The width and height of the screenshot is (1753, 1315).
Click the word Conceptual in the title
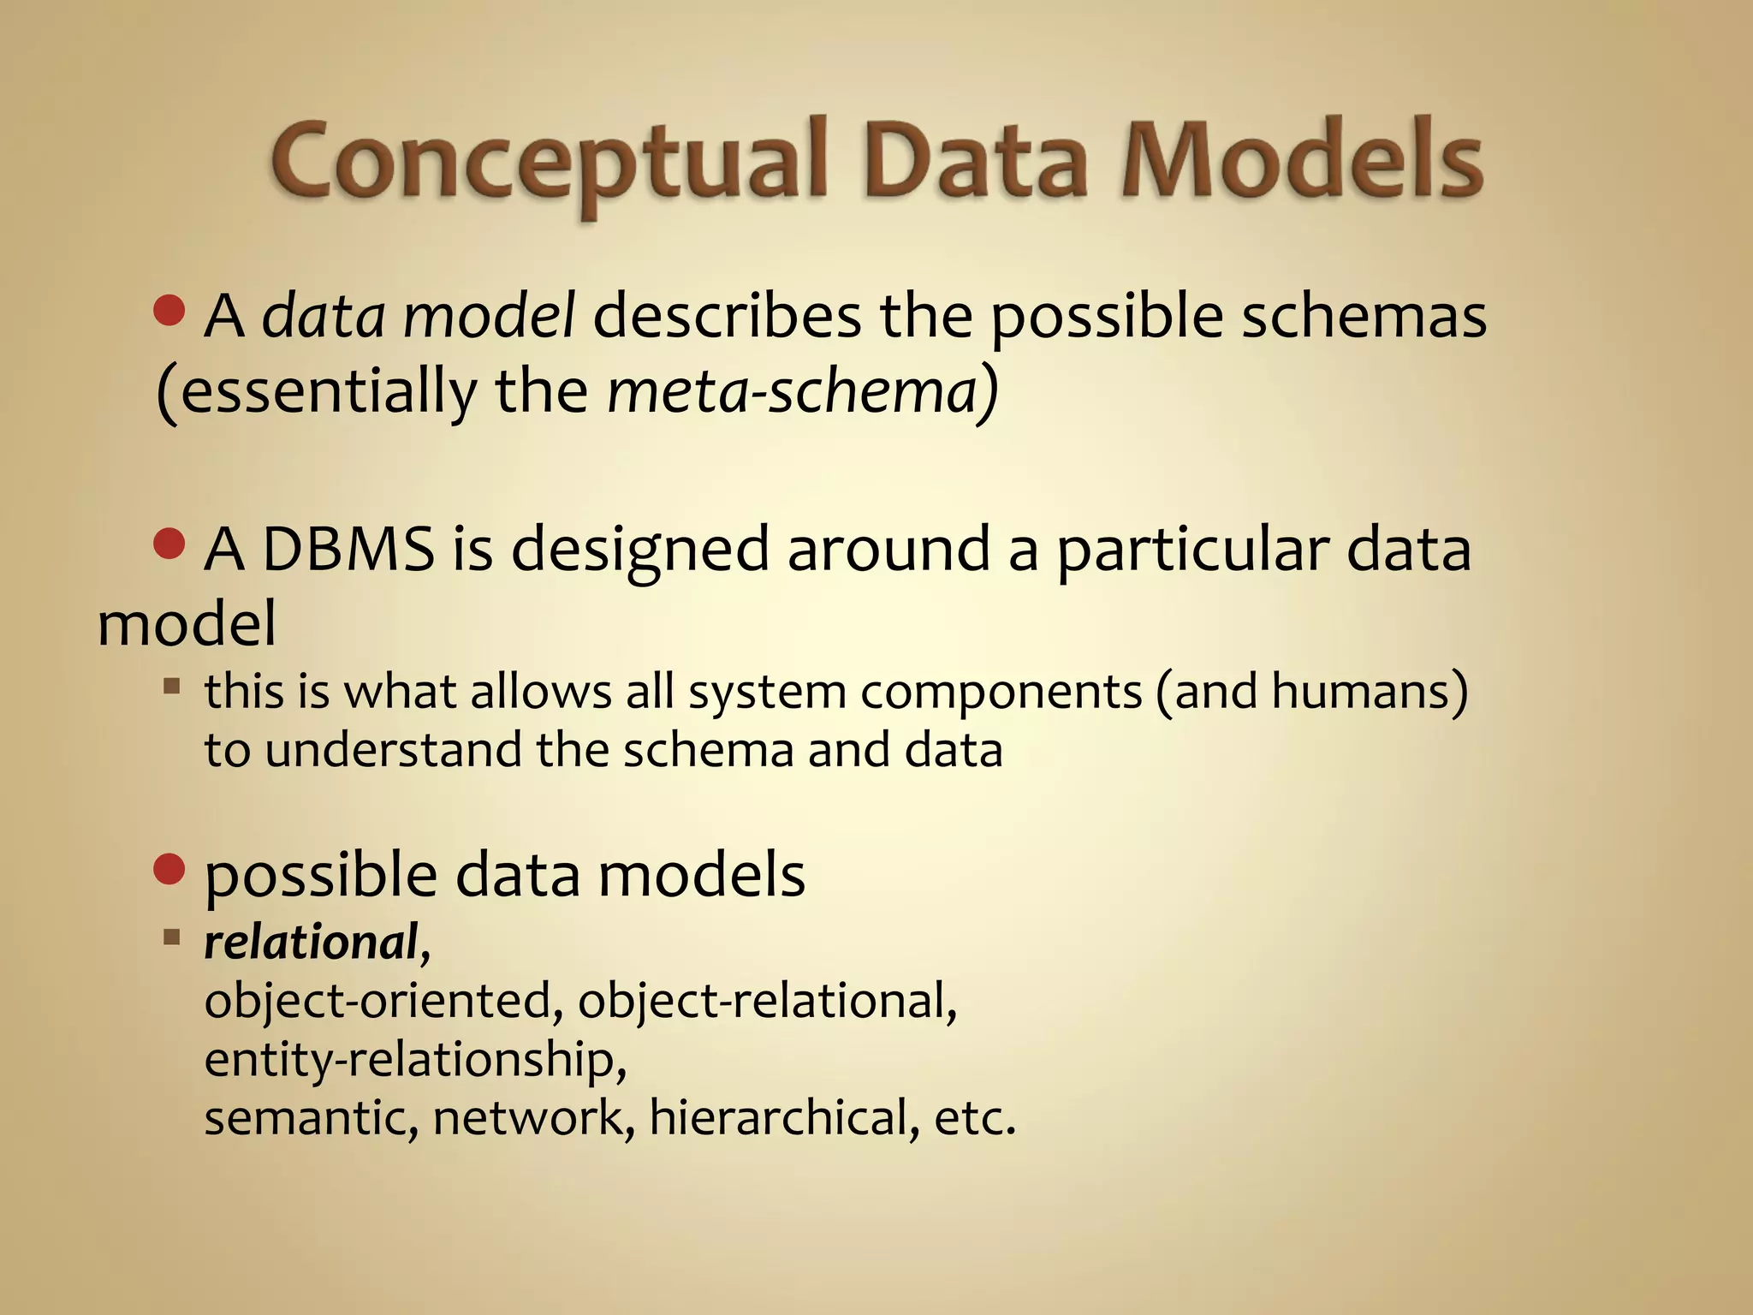[548, 163]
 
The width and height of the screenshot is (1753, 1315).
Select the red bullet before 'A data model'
[169, 311]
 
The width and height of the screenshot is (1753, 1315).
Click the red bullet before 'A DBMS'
[169, 544]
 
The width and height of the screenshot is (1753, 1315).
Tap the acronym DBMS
[348, 549]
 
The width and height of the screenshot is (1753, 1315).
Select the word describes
[727, 317]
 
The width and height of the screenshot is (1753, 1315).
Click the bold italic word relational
[311, 943]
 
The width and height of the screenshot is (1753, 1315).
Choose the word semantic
[311, 1118]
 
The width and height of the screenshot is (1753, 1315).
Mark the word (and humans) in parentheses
[1310, 691]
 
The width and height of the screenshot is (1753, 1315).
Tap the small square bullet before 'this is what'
[172, 686]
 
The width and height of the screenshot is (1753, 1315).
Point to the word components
[1001, 693]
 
